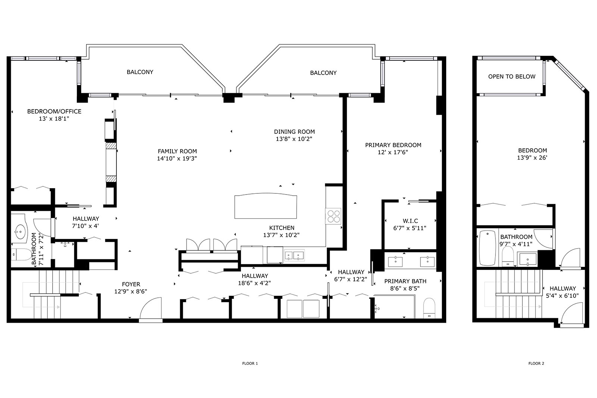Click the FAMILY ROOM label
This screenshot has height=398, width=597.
pos(177,151)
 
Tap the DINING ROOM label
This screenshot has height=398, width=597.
pos(294,132)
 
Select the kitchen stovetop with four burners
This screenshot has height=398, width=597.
pos(334,216)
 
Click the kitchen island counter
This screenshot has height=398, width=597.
pos(266,206)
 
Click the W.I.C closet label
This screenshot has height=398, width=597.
pos(410,221)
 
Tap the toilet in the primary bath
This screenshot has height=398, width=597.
pos(429,308)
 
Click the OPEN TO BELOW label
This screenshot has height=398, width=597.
pos(512,77)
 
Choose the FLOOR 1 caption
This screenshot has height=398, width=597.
pos(250,363)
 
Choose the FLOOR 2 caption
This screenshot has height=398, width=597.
pos(536,363)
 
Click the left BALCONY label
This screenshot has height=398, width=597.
pos(140,72)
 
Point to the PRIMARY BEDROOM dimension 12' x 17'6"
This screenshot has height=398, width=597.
pos(393,152)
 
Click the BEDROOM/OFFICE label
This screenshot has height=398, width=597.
pos(54,111)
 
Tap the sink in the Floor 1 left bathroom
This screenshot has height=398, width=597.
pos(20,231)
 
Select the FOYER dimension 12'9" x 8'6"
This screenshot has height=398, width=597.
pos(131,291)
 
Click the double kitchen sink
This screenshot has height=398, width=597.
pos(294,256)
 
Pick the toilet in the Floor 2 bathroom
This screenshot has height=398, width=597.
pos(507,256)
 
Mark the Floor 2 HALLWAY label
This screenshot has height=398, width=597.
pos(563,288)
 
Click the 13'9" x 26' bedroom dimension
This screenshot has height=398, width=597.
pos(532,158)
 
